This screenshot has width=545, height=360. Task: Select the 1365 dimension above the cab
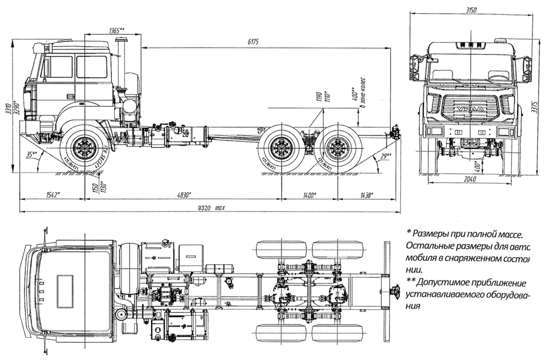[116, 29]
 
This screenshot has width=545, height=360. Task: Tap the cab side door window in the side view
[92, 67]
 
